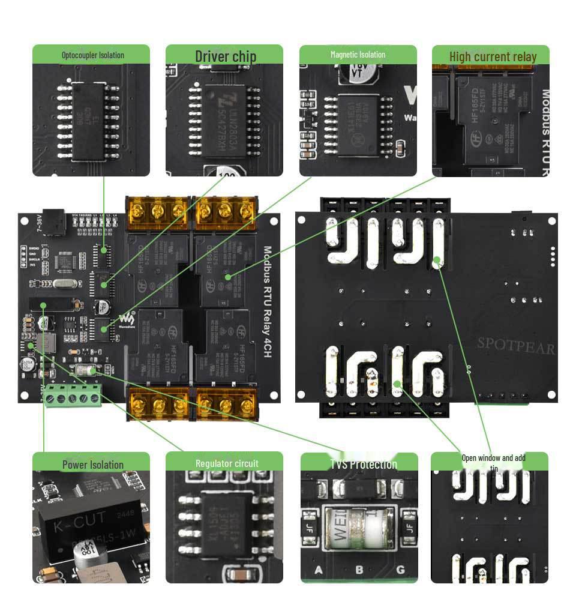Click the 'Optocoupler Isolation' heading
coord(92,55)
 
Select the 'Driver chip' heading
coord(225,56)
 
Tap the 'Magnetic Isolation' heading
coord(358,55)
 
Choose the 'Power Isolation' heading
coord(92,465)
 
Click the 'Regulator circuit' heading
coord(226,463)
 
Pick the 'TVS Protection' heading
coord(363,464)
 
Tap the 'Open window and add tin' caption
coord(493,462)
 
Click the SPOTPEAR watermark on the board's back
coord(515,346)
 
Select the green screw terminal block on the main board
coord(73,394)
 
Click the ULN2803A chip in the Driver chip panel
coord(225,118)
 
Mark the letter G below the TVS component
coord(400,569)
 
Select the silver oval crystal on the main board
coord(60,285)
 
